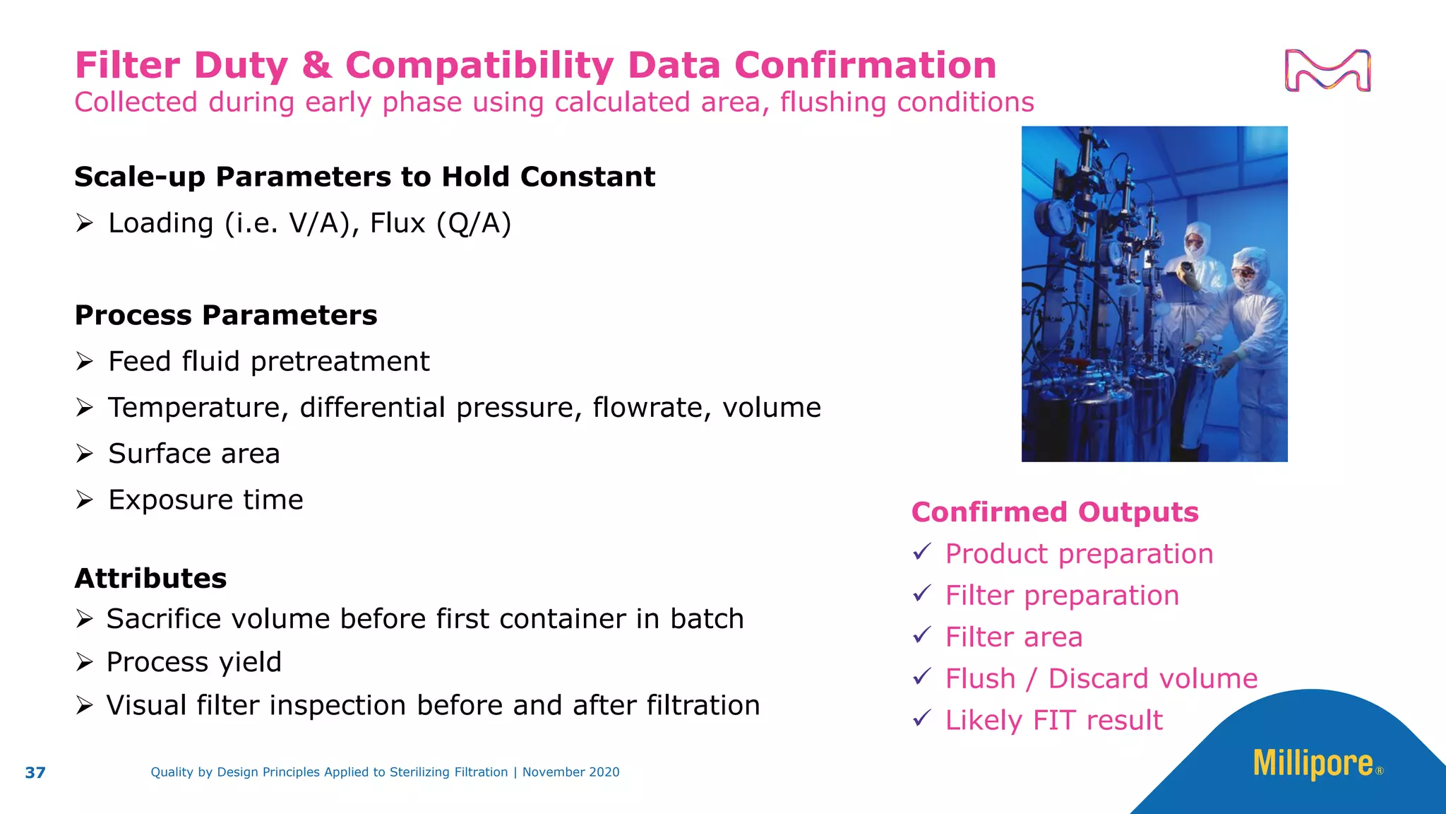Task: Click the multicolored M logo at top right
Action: tap(1327, 70)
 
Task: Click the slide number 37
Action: tap(35, 772)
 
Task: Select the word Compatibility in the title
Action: tap(479, 66)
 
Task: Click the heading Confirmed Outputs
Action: tap(1055, 512)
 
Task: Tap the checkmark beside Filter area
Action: tap(922, 635)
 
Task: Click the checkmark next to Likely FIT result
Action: tap(922, 719)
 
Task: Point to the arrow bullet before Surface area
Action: tap(85, 454)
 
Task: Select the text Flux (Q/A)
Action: tap(441, 223)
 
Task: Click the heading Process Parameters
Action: tap(226, 315)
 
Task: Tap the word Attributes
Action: tap(151, 579)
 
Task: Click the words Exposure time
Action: tap(205, 500)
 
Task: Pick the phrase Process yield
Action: tap(193, 663)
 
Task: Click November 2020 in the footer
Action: tap(570, 772)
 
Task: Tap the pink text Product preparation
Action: tap(1079, 554)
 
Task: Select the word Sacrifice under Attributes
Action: tap(165, 619)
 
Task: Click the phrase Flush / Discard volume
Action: tap(1101, 679)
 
